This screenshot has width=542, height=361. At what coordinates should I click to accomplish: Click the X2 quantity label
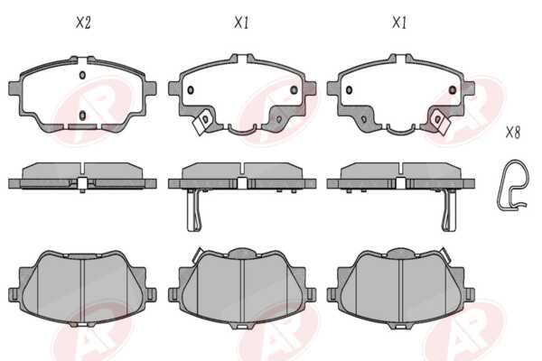point(83,23)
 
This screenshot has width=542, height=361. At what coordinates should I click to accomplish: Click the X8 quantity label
point(513,132)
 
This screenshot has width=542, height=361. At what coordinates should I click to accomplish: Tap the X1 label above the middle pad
point(241,23)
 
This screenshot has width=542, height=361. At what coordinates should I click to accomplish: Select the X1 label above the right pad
point(399,23)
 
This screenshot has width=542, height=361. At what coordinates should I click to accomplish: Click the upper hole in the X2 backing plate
point(82,75)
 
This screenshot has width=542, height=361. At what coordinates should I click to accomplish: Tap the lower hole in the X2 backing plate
point(82,116)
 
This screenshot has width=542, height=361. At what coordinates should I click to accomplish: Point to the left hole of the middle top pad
point(190,90)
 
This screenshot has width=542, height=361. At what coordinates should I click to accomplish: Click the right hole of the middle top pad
point(294,90)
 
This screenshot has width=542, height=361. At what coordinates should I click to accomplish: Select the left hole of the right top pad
point(349,90)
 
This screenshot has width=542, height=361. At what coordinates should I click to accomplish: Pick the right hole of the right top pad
point(453,90)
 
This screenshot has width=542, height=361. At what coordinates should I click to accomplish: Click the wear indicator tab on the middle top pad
point(203,122)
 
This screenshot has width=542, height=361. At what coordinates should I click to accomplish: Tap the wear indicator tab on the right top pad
point(440,122)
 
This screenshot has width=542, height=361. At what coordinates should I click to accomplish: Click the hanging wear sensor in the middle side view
point(195,210)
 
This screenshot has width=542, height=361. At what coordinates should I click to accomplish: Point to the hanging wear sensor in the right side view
point(449,210)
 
